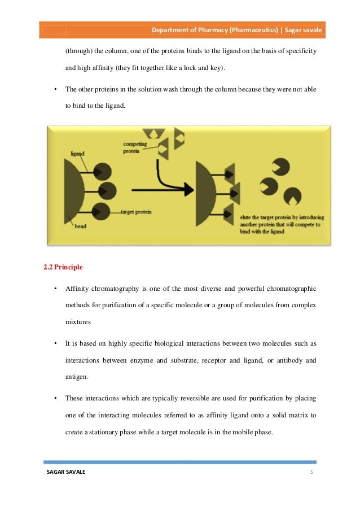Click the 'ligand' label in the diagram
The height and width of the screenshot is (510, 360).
tap(77, 153)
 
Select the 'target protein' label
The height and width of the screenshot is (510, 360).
tap(135, 212)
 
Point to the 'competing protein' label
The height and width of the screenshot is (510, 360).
tap(134, 147)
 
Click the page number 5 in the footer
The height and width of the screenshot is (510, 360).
tap(311, 472)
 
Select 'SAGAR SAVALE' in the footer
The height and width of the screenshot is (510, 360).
tap(66, 472)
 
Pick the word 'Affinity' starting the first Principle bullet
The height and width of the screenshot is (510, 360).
tap(76, 289)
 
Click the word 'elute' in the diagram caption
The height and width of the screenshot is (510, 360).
tap(246, 216)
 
